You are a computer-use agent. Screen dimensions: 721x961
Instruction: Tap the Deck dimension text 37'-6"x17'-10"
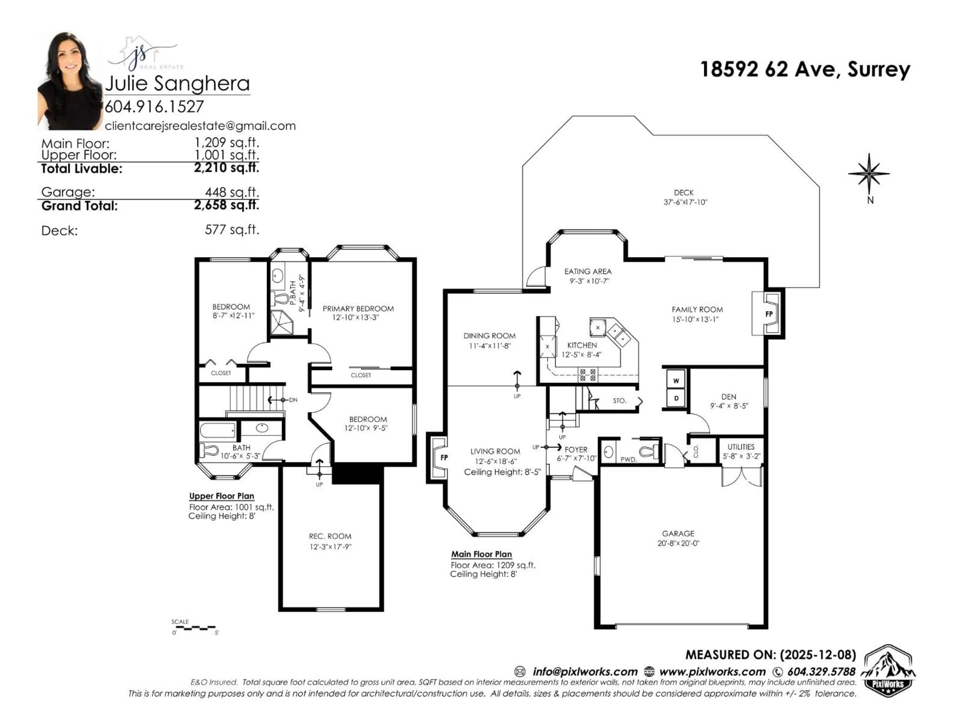pos(685,202)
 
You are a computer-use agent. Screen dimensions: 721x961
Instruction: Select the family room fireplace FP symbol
pos(769,314)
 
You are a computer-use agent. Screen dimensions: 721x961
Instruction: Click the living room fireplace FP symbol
pos(443,458)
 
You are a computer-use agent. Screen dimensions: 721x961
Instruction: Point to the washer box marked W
pos(676,381)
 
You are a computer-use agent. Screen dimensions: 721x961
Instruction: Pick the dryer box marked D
pos(676,398)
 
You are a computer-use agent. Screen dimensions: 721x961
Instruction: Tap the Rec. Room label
pos(330,536)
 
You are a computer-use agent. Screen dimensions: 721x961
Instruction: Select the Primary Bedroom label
pos(358,309)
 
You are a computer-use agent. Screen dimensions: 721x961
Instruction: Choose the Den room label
pos(729,397)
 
